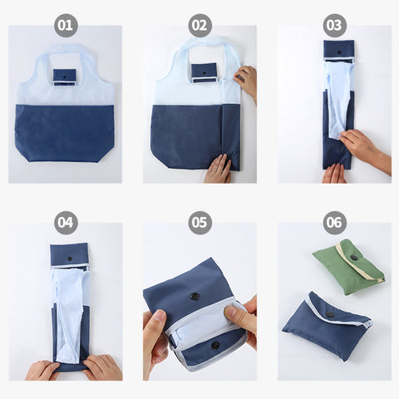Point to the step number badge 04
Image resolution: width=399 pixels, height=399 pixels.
[66, 223]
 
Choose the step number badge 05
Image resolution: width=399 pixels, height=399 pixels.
[199, 223]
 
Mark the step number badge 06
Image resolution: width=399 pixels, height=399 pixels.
[334, 223]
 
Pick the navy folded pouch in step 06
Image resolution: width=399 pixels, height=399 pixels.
[325, 323]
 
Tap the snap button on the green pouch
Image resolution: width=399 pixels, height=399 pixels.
[354, 258]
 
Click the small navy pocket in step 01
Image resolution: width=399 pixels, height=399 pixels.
[65, 76]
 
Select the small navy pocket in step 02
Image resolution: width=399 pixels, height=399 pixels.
[204, 71]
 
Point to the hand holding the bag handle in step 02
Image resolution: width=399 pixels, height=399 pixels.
[246, 81]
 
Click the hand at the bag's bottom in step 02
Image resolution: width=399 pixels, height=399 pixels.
[219, 170]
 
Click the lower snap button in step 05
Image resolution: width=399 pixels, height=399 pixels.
[214, 345]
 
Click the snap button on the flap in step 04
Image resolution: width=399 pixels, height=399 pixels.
[69, 259]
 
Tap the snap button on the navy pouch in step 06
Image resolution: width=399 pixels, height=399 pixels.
[330, 313]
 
